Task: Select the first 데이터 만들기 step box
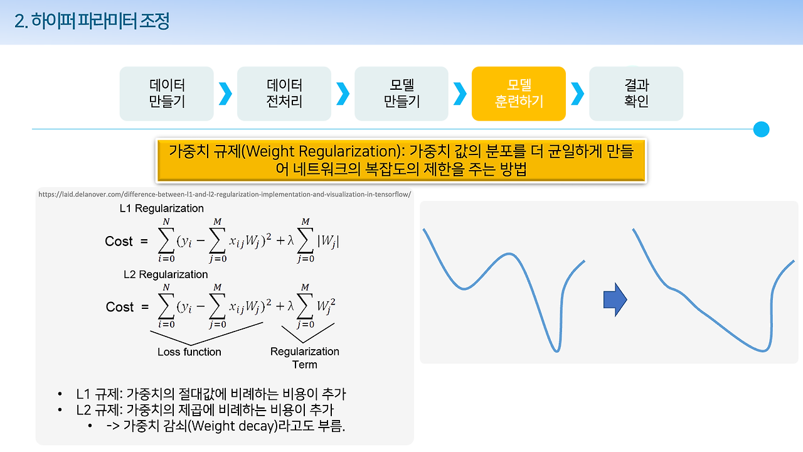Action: tap(167, 94)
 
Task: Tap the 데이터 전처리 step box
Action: tap(284, 94)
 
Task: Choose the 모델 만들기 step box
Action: tap(401, 94)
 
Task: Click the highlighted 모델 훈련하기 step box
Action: tap(519, 94)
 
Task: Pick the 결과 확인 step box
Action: tap(636, 94)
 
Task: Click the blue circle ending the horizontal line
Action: tap(761, 129)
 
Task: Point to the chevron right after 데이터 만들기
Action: tap(225, 94)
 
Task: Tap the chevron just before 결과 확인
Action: tap(577, 94)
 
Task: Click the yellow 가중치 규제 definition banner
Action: tap(401, 160)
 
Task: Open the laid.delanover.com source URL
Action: tap(225, 194)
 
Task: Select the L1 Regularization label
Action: tap(162, 208)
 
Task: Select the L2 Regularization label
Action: tap(166, 274)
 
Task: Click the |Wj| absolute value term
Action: tap(329, 240)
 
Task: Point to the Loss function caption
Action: tap(189, 352)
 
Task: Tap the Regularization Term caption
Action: tap(305, 358)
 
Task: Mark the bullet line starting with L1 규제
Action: tap(211, 395)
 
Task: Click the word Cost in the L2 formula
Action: tap(120, 307)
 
